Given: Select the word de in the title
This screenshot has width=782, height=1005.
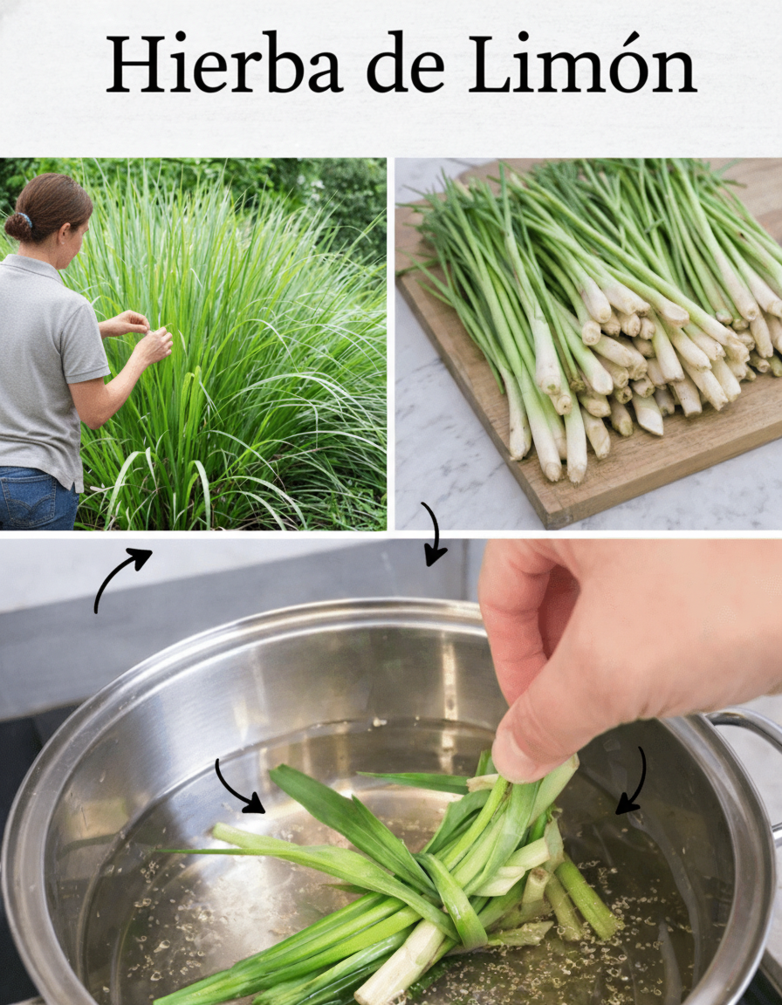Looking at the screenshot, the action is coord(406,64).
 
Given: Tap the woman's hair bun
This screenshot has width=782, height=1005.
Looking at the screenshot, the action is coord(18,226).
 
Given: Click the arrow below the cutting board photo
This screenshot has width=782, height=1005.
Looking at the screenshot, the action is coord(436,534).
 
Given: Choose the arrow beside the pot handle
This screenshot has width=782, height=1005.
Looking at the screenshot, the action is coord(635,782).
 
